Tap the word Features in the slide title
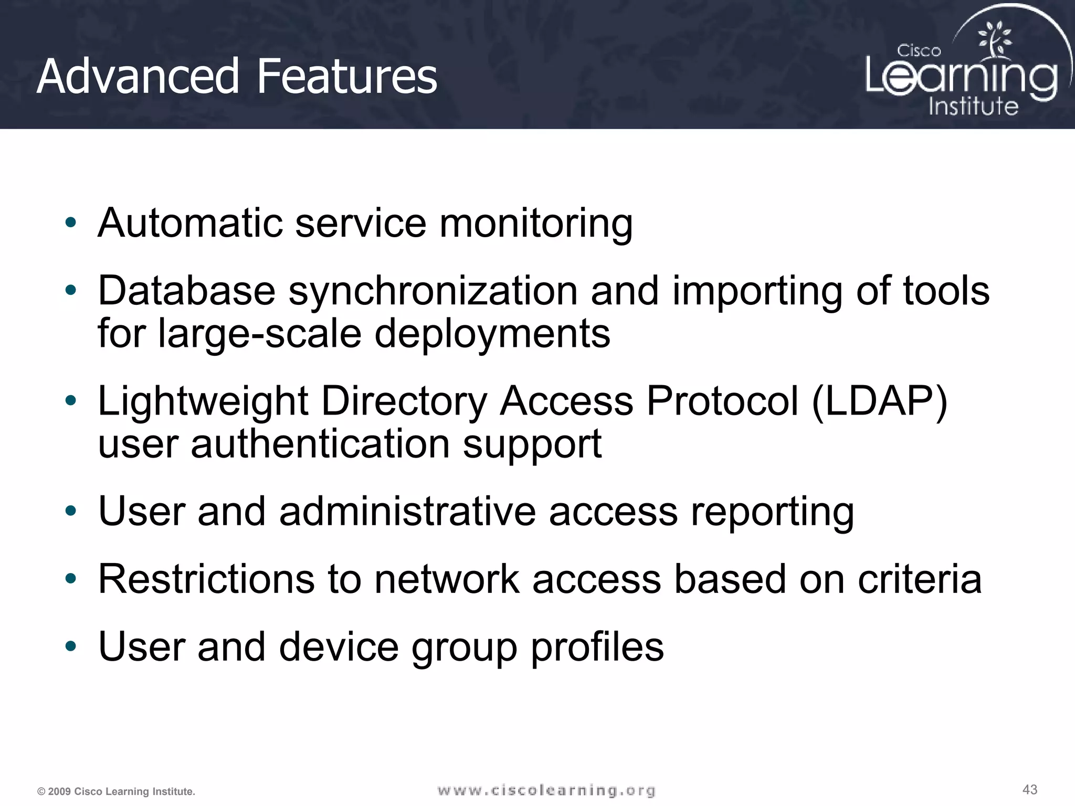[346, 77]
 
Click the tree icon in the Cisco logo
[994, 40]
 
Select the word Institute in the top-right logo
[973, 106]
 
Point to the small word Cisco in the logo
[919, 51]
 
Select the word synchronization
[433, 291]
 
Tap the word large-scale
[260, 334]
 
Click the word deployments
[492, 334]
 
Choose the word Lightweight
[203, 401]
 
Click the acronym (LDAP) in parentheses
[880, 401]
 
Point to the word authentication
[320, 444]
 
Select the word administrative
[407, 511]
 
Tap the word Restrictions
[206, 579]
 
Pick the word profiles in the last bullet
[597, 647]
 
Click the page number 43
[1030, 789]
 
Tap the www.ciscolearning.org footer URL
[546, 790]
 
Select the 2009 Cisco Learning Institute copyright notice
[117, 791]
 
